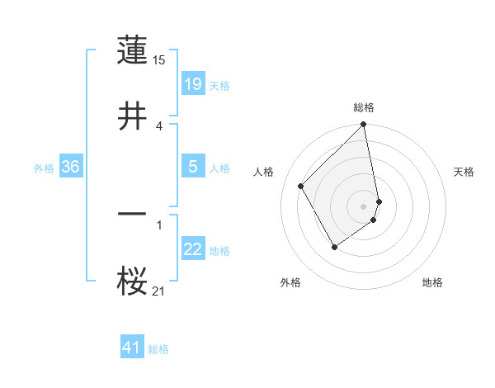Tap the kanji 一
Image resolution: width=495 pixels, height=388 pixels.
(x=133, y=213)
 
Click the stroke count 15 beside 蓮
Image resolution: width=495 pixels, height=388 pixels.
(x=160, y=59)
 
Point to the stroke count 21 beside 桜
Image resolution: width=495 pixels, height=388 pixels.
(x=160, y=290)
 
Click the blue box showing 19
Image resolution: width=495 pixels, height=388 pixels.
(x=193, y=83)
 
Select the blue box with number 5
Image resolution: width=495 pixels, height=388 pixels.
(x=193, y=166)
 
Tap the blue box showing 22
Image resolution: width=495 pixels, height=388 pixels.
(x=193, y=249)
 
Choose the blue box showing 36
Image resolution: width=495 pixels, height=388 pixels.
(x=71, y=167)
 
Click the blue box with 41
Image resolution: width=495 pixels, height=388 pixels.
(x=132, y=348)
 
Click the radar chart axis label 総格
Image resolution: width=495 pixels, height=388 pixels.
(x=364, y=107)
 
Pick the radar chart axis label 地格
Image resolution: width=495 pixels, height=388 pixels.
(x=432, y=282)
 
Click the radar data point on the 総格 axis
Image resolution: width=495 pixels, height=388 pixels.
(x=364, y=125)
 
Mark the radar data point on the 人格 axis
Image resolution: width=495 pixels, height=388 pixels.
(x=301, y=186)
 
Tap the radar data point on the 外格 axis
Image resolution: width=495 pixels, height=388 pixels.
(x=334, y=247)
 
